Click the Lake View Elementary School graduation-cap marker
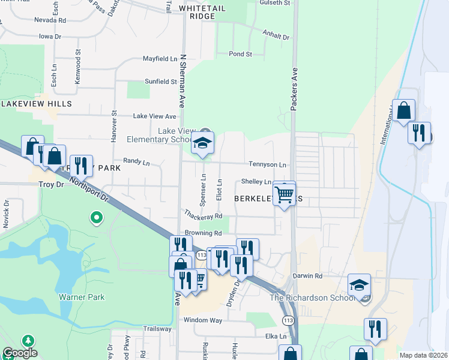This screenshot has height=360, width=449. pos(202,145)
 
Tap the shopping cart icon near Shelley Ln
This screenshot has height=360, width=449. pos(284,194)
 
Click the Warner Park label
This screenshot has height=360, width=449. pos(82,297)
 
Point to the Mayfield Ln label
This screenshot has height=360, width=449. pos(160,59)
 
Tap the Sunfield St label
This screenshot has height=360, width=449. pos(160,82)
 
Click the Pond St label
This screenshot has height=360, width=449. pos(240,54)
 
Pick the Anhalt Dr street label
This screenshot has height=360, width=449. pos(276,35)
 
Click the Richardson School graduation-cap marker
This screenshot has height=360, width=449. pos(359,286)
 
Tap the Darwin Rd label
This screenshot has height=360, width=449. pos(307,277)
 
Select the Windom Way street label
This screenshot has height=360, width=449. pos(203,320)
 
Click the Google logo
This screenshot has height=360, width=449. pos(19,353)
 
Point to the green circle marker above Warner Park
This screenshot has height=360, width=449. pos(95,217)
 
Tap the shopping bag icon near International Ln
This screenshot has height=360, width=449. pos(404,112)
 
